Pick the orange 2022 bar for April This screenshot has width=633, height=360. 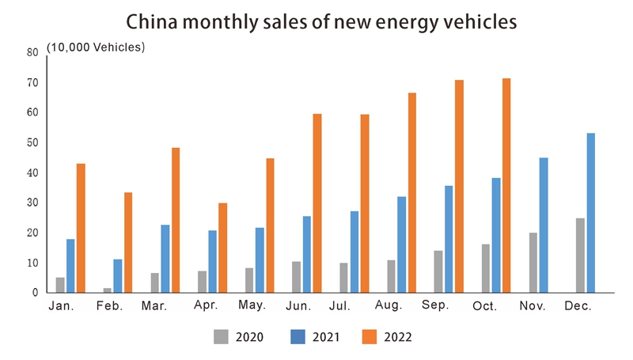pyautogui.click(x=223, y=248)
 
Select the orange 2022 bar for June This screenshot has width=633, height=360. pyautogui.click(x=317, y=203)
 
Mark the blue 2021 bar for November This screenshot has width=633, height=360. pyautogui.click(x=544, y=225)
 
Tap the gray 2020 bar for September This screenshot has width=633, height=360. pyautogui.click(x=438, y=271)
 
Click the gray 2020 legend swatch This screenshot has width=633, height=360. pyautogui.click(x=222, y=337)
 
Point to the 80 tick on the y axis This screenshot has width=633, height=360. pyautogui.click(x=32, y=53)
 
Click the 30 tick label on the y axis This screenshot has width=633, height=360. pyautogui.click(x=32, y=203)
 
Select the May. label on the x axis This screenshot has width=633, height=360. pyautogui.click(x=251, y=305)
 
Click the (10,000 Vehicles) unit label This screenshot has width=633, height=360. pyautogui.click(x=96, y=47)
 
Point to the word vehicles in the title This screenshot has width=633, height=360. pyautogui.click(x=476, y=21)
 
